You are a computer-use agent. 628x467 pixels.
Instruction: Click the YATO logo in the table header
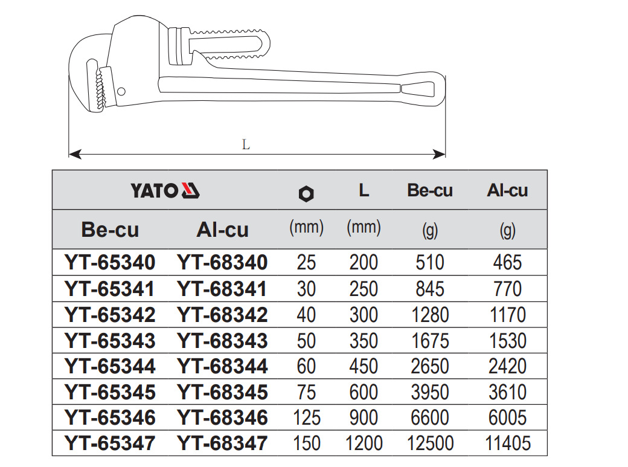(165, 190)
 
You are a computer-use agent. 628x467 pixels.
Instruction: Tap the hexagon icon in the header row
(306, 194)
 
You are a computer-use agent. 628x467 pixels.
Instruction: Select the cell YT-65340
(110, 263)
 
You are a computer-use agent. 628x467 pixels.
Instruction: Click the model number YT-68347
(222, 443)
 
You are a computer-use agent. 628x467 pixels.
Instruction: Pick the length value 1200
(364, 443)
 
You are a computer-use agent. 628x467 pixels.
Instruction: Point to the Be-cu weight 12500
(430, 443)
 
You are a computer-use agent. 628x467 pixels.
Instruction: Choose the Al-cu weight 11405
(507, 443)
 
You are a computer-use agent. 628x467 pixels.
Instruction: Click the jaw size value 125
(306, 417)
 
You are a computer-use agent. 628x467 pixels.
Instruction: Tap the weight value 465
(507, 263)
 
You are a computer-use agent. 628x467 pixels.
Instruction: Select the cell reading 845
(430, 289)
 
